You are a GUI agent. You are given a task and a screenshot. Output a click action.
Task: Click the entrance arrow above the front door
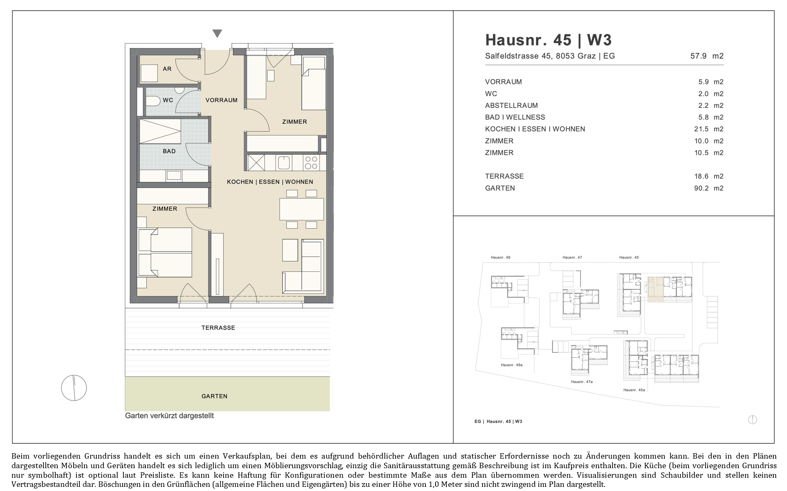click(x=217, y=34)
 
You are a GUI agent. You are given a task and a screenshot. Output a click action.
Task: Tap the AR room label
click(x=167, y=69)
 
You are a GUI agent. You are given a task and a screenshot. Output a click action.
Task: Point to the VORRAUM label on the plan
click(x=221, y=100)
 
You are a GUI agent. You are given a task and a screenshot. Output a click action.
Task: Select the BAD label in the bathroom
click(x=169, y=151)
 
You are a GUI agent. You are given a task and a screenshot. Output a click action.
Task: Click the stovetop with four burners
click(x=311, y=163)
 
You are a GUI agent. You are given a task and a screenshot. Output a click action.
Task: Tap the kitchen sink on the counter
click(x=285, y=162)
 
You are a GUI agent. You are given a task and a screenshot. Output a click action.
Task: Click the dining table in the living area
click(x=302, y=209)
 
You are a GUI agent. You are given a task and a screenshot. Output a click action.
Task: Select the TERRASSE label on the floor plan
click(x=218, y=328)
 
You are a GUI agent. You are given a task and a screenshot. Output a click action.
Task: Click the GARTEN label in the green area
click(x=214, y=396)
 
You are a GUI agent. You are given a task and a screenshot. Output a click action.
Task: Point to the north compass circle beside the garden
click(x=74, y=388)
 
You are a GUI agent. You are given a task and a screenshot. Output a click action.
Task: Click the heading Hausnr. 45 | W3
click(x=548, y=40)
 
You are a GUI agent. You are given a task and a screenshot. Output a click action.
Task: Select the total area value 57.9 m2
click(x=707, y=56)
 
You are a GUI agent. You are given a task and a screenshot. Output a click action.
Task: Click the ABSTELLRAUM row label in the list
click(x=512, y=105)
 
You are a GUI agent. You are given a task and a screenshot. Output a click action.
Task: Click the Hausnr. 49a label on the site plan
click(x=512, y=365)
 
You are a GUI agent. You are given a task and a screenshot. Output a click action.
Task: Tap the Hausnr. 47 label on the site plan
click(x=572, y=257)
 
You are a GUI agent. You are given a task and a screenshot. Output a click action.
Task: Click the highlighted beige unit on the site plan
click(x=655, y=289)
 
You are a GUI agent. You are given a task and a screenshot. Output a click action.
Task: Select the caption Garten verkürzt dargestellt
click(x=170, y=415)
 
